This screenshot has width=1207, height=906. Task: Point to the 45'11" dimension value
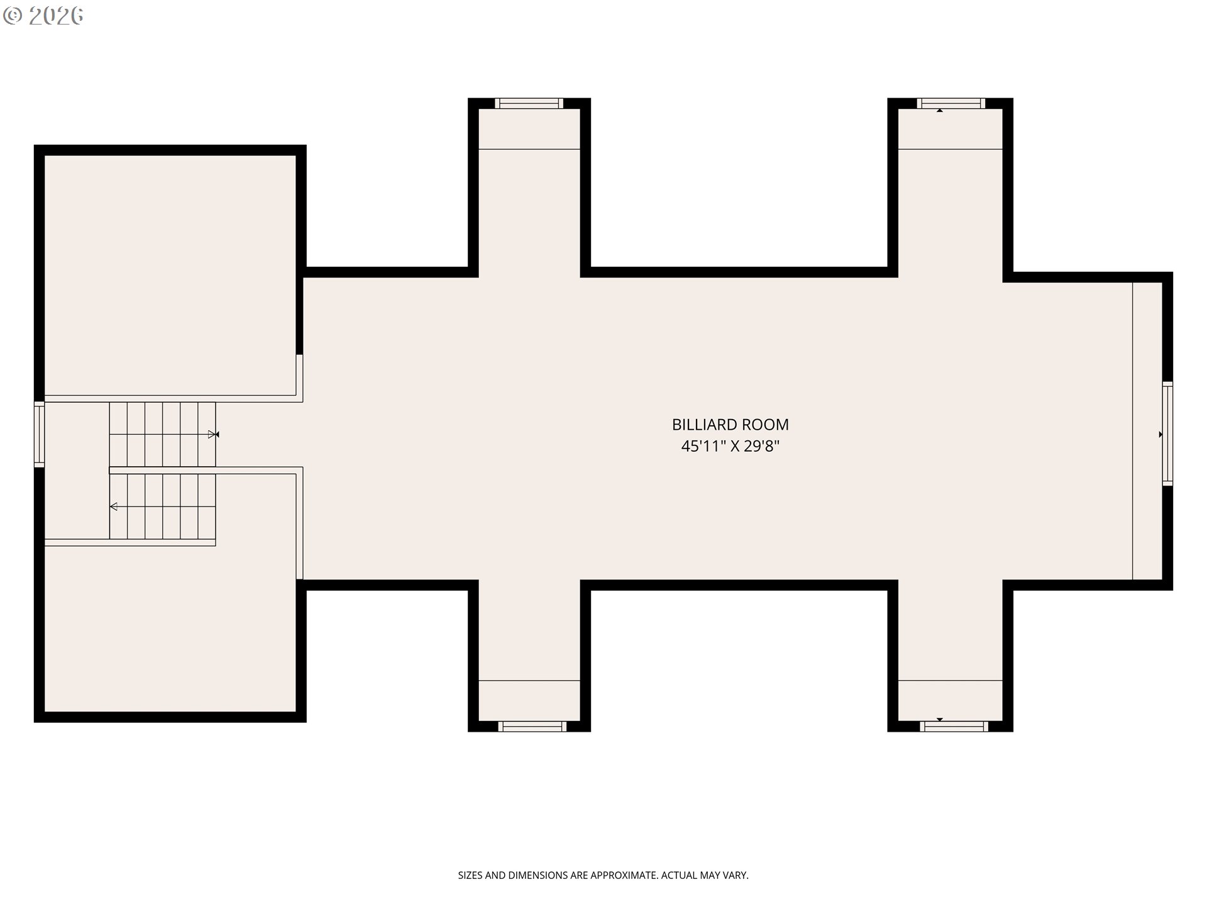(x=704, y=446)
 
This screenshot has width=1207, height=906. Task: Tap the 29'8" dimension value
(x=762, y=446)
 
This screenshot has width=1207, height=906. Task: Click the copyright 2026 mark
(x=43, y=16)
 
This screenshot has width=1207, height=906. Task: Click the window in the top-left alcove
(x=529, y=103)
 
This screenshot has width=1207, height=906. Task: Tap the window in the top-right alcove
(x=951, y=103)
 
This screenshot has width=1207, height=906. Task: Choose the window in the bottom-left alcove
(x=532, y=726)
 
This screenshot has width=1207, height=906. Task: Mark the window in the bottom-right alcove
(x=954, y=726)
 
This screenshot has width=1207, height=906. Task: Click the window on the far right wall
(x=1167, y=433)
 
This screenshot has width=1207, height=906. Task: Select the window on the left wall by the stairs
(x=39, y=434)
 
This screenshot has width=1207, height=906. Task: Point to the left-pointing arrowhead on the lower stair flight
(x=113, y=506)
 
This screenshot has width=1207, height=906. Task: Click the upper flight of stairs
(x=163, y=434)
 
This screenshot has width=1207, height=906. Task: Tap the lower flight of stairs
(x=163, y=506)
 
